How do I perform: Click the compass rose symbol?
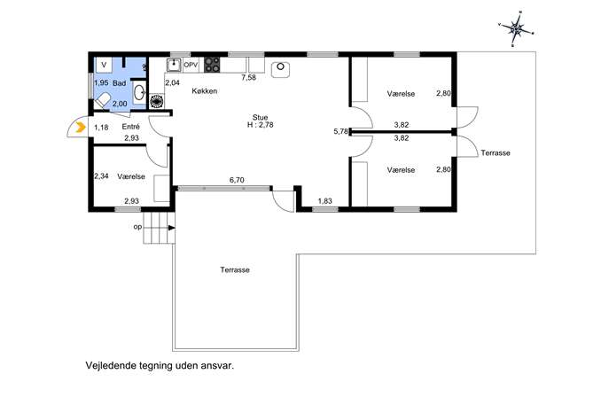(517, 29)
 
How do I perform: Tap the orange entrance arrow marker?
(81, 127)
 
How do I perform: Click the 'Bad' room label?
(120, 83)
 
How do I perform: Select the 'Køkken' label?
(204, 91)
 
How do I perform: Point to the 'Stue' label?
(260, 117)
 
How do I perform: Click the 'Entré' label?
(130, 127)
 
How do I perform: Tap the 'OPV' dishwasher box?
(191, 65)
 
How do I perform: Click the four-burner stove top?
(212, 65)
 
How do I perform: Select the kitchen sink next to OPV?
(174, 65)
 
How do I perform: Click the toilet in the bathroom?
(103, 101)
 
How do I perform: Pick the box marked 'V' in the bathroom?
(104, 65)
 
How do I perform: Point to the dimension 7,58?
(248, 77)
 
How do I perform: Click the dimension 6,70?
(237, 180)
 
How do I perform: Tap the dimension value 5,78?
(340, 131)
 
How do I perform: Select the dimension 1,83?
(324, 201)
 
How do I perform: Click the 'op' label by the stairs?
(137, 227)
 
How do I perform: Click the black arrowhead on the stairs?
(172, 228)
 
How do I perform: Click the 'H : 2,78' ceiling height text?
(260, 125)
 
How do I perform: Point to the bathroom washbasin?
(139, 92)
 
